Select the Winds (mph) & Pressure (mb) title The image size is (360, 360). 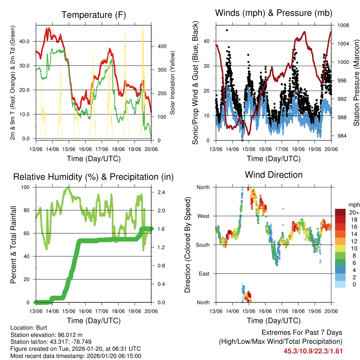274,13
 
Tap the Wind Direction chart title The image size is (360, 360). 274,175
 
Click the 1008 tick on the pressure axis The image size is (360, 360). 342,25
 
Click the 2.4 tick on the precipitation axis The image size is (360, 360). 160,192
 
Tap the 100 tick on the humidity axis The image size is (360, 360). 26,187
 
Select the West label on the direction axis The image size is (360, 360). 203,216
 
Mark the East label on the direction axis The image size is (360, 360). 204,274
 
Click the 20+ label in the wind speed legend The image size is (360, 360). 354,213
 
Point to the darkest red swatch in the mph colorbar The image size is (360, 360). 340,213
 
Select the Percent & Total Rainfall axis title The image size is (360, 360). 13,245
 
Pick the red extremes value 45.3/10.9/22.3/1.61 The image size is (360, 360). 313,351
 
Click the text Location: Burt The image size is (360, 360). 26,328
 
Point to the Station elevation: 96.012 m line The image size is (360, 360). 46,335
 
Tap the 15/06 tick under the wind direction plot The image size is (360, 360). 249,311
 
